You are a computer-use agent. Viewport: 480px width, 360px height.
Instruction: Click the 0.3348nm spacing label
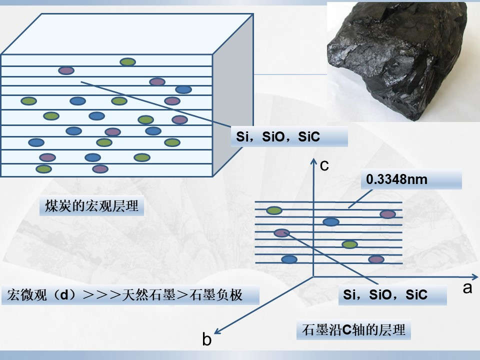pyautogui.click(x=396, y=179)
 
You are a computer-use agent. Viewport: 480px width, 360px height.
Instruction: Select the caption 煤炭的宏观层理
pyautogui.click(x=92, y=205)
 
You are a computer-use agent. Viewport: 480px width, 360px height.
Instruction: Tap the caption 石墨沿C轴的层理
pyautogui.click(x=353, y=330)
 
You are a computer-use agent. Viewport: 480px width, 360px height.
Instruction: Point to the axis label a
pyautogui.click(x=467, y=288)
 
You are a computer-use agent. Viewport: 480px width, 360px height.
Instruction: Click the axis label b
pyautogui.click(x=207, y=339)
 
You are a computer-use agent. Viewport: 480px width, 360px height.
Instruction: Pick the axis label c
pyautogui.click(x=324, y=165)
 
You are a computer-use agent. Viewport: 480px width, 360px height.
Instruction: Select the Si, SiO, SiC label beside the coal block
pyautogui.click(x=277, y=137)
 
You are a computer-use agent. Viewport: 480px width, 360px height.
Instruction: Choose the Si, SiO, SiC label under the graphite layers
pyautogui.click(x=385, y=294)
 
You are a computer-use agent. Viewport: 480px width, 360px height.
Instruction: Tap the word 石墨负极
pyautogui.click(x=216, y=295)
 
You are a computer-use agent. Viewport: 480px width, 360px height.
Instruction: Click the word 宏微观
pyautogui.click(x=27, y=295)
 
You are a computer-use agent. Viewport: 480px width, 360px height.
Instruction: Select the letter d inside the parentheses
pyautogui.click(x=64, y=295)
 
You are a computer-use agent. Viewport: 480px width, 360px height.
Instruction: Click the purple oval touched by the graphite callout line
pyautogui.click(x=281, y=233)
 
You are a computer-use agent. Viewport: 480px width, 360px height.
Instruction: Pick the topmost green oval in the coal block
pyautogui.click(x=127, y=62)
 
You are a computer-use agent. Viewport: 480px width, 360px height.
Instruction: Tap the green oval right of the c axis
pyautogui.click(x=349, y=244)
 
